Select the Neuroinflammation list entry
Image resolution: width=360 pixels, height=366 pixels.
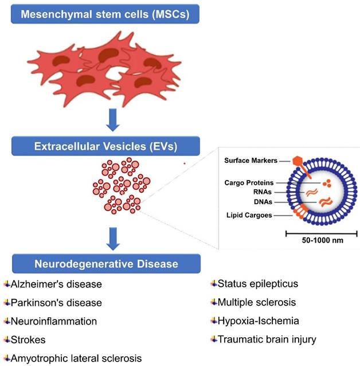point(52,321)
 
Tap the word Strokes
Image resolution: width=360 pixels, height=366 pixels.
point(28,339)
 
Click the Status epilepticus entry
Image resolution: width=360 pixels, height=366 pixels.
point(254,284)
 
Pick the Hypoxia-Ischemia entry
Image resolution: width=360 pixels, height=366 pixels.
point(255,320)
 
